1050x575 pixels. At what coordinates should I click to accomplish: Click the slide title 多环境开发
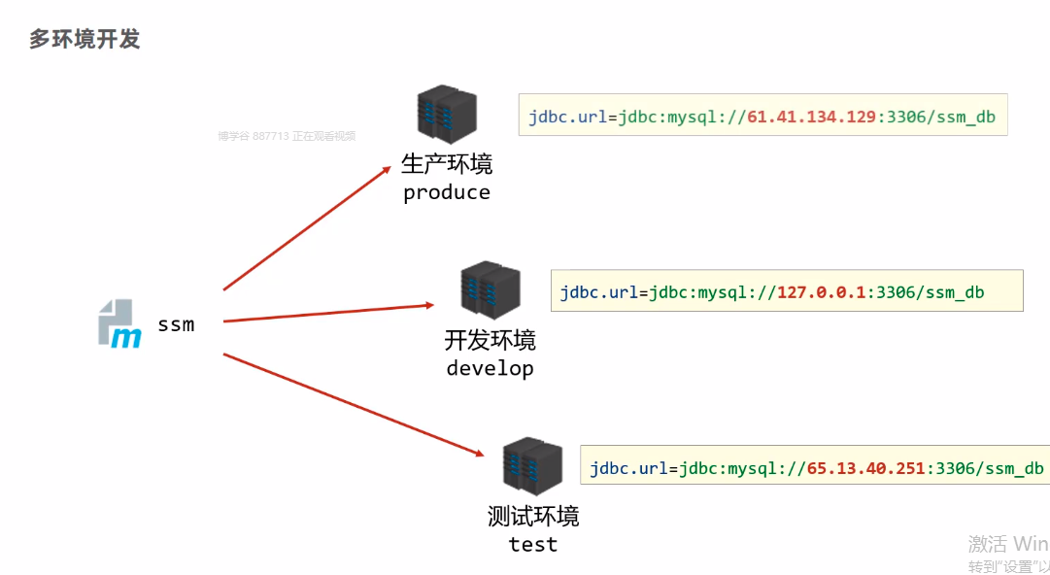click(x=85, y=39)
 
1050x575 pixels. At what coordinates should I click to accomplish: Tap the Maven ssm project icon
click(x=119, y=323)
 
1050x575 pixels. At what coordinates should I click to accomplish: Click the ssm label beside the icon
click(x=176, y=324)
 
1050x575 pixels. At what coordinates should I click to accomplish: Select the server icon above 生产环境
click(x=446, y=116)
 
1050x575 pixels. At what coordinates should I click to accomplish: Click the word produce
click(x=447, y=192)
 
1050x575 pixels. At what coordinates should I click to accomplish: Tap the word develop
click(x=490, y=368)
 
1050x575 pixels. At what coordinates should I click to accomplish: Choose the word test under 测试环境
click(x=533, y=544)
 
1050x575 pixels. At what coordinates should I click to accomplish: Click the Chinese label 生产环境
click(x=447, y=164)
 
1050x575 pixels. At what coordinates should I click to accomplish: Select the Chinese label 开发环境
click(x=490, y=340)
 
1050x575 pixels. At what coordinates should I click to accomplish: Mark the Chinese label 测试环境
click(x=533, y=516)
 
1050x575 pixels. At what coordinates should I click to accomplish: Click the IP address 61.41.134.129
click(x=812, y=117)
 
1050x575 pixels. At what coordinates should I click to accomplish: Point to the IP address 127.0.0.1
click(x=821, y=292)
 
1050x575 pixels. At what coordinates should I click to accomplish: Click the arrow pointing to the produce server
click(x=307, y=227)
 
